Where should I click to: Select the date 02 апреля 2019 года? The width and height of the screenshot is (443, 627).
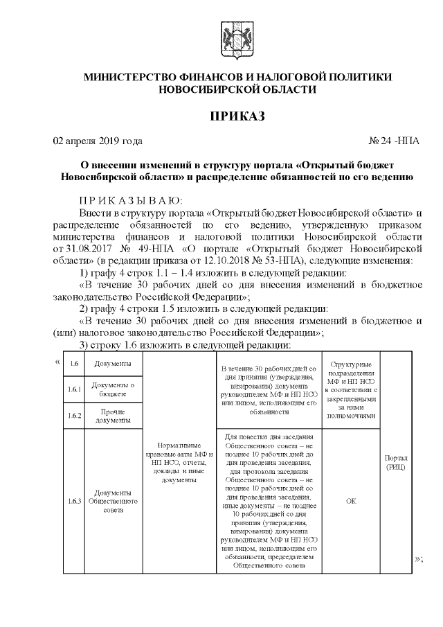(x=98, y=141)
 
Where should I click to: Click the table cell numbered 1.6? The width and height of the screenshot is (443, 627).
(x=74, y=364)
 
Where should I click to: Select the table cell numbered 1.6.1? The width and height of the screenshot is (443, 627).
(x=74, y=389)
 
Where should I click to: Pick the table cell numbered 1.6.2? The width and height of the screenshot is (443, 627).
(x=74, y=416)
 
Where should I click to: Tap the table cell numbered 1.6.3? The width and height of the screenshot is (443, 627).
(x=74, y=500)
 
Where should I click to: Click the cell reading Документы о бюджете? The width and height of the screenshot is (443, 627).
(x=112, y=389)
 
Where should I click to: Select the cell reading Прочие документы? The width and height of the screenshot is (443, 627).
(x=112, y=416)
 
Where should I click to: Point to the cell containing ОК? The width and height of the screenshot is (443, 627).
(x=351, y=500)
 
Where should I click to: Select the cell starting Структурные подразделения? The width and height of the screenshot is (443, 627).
(x=351, y=390)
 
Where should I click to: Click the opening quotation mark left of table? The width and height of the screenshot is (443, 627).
(x=56, y=360)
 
